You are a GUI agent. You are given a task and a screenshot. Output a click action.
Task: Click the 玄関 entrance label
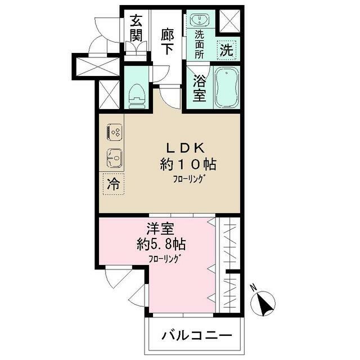click(136, 29)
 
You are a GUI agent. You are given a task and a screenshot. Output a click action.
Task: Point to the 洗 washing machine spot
click(226, 49)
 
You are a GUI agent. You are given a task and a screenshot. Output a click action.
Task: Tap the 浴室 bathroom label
click(200, 87)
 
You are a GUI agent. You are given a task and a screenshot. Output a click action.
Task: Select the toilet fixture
click(137, 96)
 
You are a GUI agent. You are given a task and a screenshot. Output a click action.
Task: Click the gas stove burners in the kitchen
click(115, 133)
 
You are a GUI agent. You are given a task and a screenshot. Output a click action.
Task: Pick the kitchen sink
click(115, 159)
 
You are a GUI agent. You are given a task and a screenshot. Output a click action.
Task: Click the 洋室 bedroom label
click(160, 229)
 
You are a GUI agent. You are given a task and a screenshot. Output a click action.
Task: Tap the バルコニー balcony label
click(196, 335)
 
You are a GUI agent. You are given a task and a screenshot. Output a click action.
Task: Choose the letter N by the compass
click(254, 290)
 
